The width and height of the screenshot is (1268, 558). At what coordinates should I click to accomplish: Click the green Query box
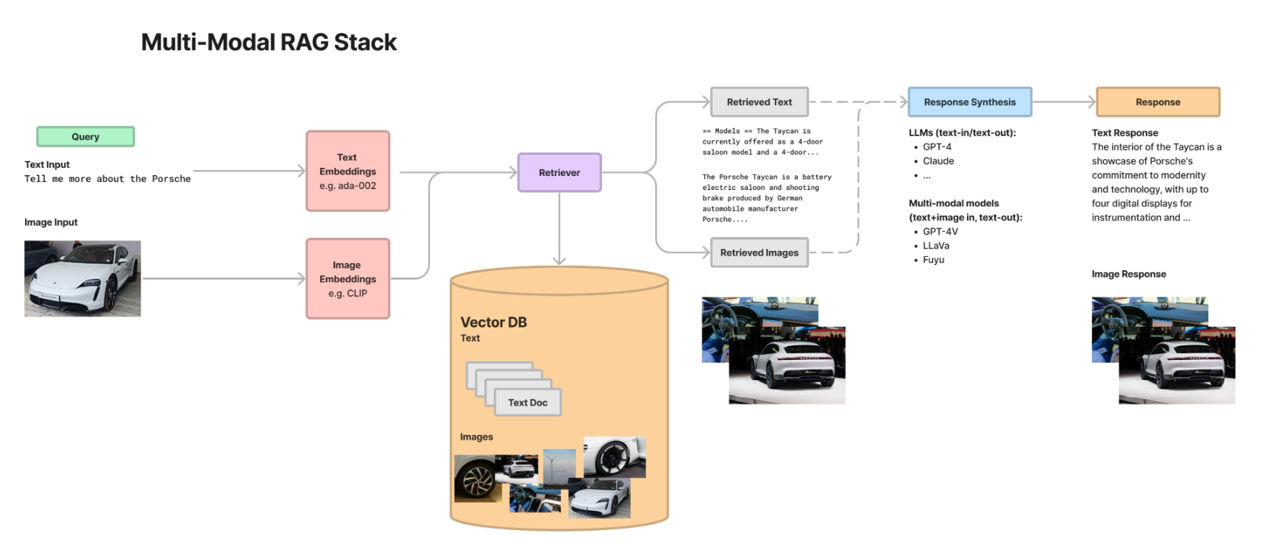(x=85, y=137)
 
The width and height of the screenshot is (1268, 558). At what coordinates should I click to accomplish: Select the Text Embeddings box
(x=347, y=172)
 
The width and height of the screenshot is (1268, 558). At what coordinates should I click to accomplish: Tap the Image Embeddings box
(x=347, y=279)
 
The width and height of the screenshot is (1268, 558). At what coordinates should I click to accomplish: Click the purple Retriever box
(x=559, y=173)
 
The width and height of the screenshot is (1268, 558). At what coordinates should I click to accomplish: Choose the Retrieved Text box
(x=759, y=102)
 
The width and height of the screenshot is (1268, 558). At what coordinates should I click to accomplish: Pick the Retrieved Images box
(x=759, y=252)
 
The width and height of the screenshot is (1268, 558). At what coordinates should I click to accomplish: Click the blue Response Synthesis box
(x=969, y=102)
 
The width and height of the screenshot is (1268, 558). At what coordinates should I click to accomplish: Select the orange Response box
(x=1158, y=102)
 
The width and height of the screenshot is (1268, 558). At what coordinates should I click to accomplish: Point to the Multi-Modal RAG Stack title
(x=269, y=43)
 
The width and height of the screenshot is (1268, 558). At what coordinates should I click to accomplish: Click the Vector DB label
(x=493, y=322)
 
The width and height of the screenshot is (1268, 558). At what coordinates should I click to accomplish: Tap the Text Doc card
(x=527, y=403)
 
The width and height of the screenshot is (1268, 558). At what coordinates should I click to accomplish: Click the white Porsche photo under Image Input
(x=82, y=278)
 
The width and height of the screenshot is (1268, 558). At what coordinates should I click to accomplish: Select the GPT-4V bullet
(x=940, y=232)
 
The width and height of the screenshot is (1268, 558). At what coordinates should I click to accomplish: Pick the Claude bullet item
(x=938, y=161)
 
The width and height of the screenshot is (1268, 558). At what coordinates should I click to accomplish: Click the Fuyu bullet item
(x=933, y=260)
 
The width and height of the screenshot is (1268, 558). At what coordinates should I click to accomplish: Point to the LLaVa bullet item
(x=935, y=246)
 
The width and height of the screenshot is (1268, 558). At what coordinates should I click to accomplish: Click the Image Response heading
(x=1128, y=275)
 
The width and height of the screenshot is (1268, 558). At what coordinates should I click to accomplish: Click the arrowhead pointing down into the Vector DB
(x=559, y=260)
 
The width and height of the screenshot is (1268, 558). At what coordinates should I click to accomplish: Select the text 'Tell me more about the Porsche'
(x=107, y=179)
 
